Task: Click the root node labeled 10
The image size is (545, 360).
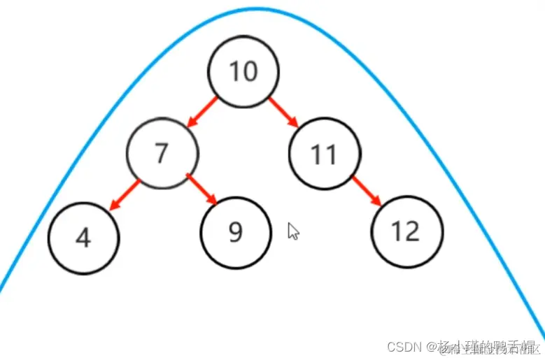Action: click(243, 71)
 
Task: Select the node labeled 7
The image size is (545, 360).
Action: click(162, 153)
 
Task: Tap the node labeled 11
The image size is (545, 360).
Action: click(325, 154)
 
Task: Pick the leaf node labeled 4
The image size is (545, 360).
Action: click(84, 238)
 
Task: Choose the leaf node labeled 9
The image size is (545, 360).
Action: click(236, 232)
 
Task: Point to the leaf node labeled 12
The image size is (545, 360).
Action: click(407, 231)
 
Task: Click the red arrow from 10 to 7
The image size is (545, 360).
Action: click(203, 112)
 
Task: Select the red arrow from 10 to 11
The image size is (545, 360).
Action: click(284, 112)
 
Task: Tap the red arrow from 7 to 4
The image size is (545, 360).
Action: click(127, 195)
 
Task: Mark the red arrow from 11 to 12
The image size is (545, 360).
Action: click(366, 190)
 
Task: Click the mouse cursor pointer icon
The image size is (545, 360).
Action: click(293, 231)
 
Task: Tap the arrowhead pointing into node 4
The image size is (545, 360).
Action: click(113, 207)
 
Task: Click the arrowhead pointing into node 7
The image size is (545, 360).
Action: click(191, 124)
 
